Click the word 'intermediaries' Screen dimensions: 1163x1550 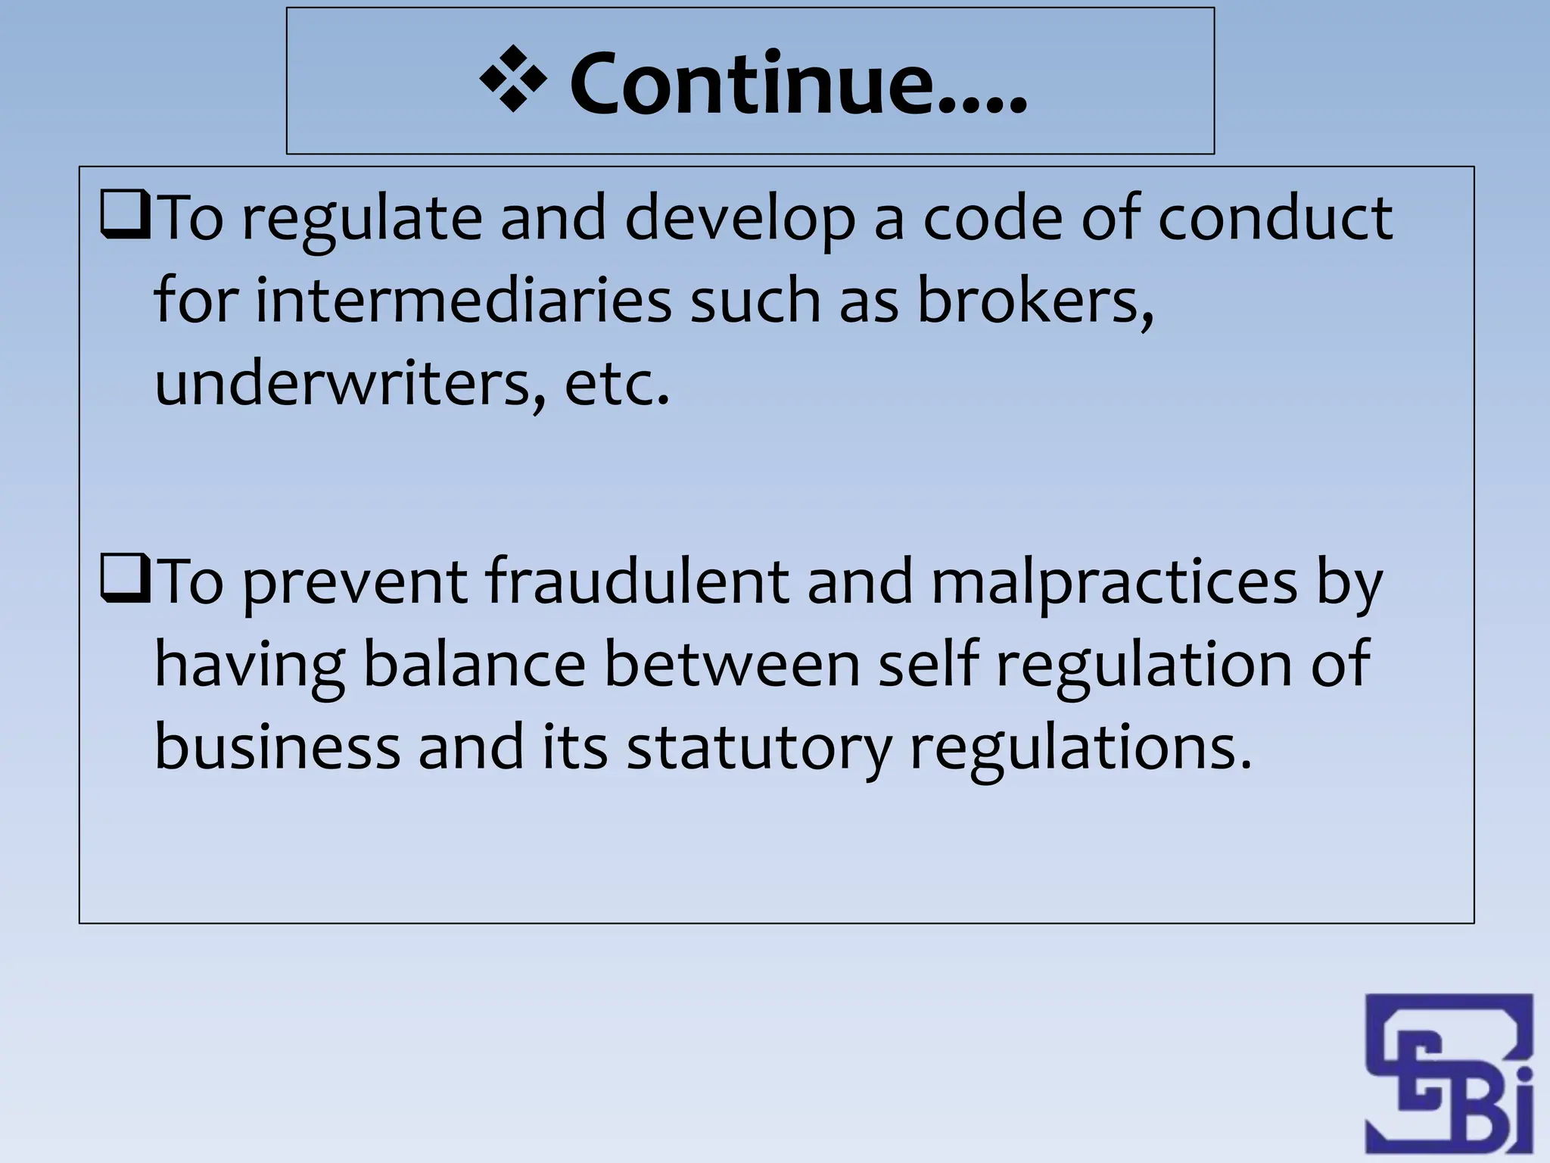click(463, 300)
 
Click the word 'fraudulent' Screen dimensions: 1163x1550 click(637, 581)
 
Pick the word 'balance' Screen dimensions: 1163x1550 click(474, 664)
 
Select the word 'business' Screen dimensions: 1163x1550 click(277, 747)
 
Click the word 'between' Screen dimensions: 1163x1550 click(732, 664)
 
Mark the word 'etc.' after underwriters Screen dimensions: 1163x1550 click(618, 384)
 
